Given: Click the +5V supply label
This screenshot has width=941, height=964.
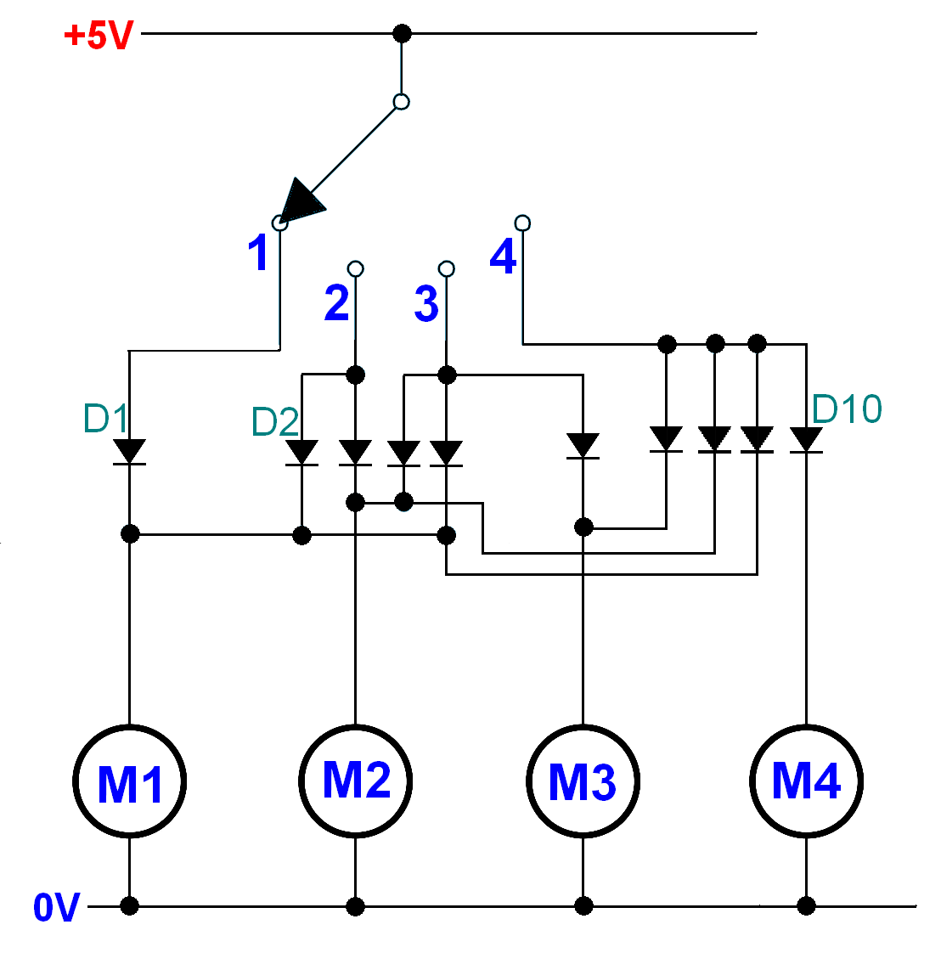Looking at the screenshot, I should tap(99, 36).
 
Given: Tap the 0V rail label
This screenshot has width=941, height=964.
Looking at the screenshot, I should tap(56, 908).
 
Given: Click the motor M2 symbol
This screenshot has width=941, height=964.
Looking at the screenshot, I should tap(356, 781).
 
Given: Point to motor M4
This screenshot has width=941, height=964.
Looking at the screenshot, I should tap(806, 781).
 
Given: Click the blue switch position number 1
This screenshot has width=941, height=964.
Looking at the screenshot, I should tap(258, 253).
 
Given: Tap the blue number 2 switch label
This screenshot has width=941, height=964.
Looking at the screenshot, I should tap(336, 303).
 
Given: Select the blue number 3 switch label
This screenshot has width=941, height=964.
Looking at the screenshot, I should tap(426, 303).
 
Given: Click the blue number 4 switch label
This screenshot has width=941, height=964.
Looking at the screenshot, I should tap(503, 256).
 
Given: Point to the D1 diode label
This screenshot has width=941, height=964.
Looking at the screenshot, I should tap(105, 419).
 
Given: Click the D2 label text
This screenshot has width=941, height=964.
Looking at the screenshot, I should tap(274, 422).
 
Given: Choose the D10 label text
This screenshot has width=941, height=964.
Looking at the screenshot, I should tap(847, 409).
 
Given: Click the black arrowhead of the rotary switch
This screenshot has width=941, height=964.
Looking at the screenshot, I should tap(301, 202).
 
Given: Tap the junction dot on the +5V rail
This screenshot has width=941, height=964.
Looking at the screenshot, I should tap(403, 34).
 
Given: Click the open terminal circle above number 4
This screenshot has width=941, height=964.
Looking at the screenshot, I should tap(523, 223).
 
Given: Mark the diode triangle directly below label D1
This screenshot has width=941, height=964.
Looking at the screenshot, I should tap(129, 451).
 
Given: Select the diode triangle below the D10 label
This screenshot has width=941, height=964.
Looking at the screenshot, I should tap(806, 439).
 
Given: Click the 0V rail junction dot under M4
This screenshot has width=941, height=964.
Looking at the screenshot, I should tap(806, 906).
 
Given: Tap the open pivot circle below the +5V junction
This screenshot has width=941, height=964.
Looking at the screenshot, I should tap(402, 102).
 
